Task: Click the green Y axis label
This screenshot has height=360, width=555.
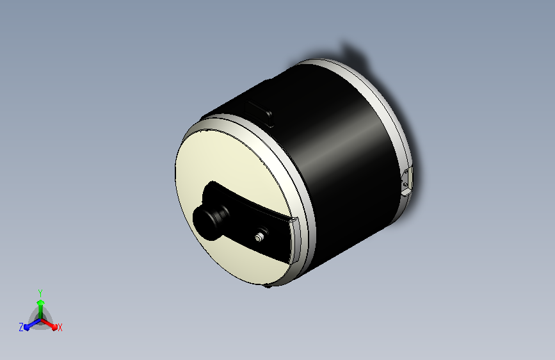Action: [40, 293]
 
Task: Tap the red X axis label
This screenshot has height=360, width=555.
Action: [60, 327]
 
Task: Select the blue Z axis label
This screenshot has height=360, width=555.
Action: [21, 327]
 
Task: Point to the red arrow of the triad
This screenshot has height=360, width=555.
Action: [49, 324]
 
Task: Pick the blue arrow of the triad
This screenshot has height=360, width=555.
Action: [32, 324]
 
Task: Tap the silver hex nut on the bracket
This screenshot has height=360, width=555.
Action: [259, 238]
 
